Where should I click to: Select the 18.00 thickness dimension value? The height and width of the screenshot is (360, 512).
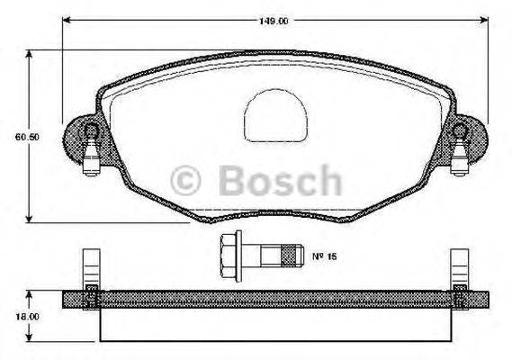25,316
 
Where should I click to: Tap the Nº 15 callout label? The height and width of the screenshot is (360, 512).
324,257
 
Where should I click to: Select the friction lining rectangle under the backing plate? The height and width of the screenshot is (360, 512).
274,327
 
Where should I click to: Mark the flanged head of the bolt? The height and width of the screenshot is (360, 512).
229,256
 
